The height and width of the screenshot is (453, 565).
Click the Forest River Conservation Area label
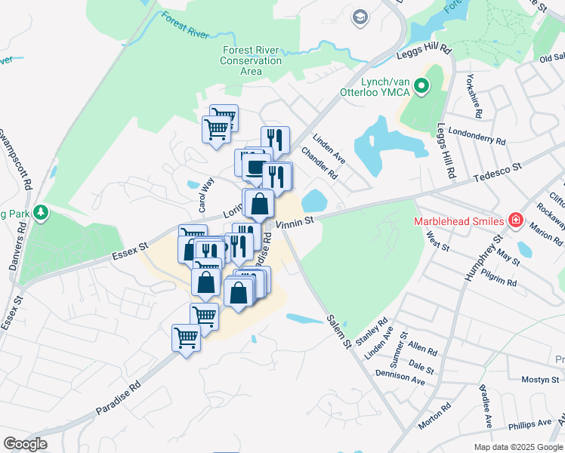point(252,60)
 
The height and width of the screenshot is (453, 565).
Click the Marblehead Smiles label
point(458,221)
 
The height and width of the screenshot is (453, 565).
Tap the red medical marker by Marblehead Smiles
point(517,220)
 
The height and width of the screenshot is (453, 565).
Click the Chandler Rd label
point(320,163)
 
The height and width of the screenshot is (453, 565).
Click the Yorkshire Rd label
point(474,97)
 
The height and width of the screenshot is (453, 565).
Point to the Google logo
point(25,444)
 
